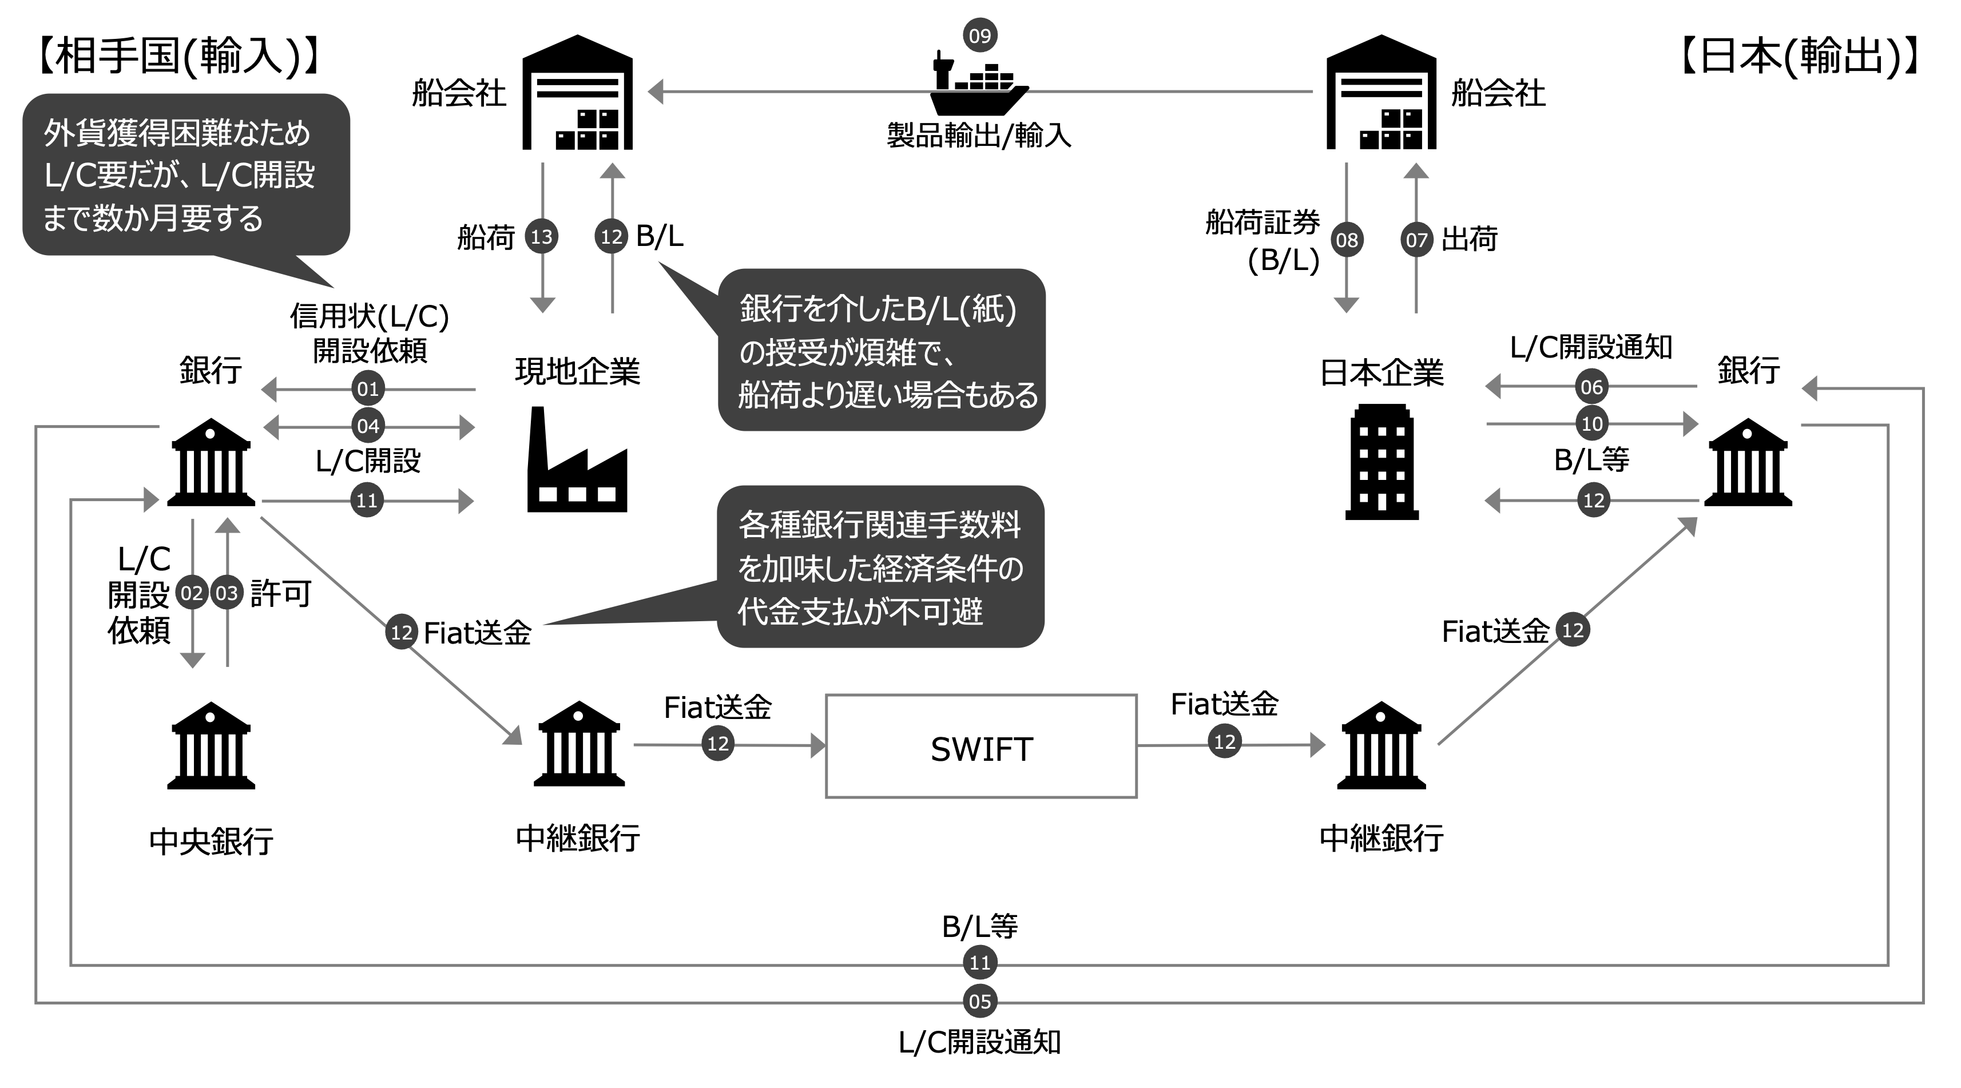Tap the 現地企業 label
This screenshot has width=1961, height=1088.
point(578,370)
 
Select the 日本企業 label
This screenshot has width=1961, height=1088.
point(1381,372)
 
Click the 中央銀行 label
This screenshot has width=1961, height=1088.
point(211,840)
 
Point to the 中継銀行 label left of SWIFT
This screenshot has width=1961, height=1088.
point(578,837)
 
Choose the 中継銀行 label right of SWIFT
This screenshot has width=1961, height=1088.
point(1381,837)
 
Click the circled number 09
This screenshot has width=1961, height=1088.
point(980,36)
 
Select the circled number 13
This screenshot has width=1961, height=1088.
point(541,237)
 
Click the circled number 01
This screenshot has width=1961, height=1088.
point(368,389)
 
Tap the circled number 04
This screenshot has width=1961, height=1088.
point(368,426)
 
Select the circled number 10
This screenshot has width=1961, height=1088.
point(1592,424)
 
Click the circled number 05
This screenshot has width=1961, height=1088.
point(980,1001)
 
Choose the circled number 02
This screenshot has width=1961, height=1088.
point(192,593)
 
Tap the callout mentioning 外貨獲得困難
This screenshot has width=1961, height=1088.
point(186,175)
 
